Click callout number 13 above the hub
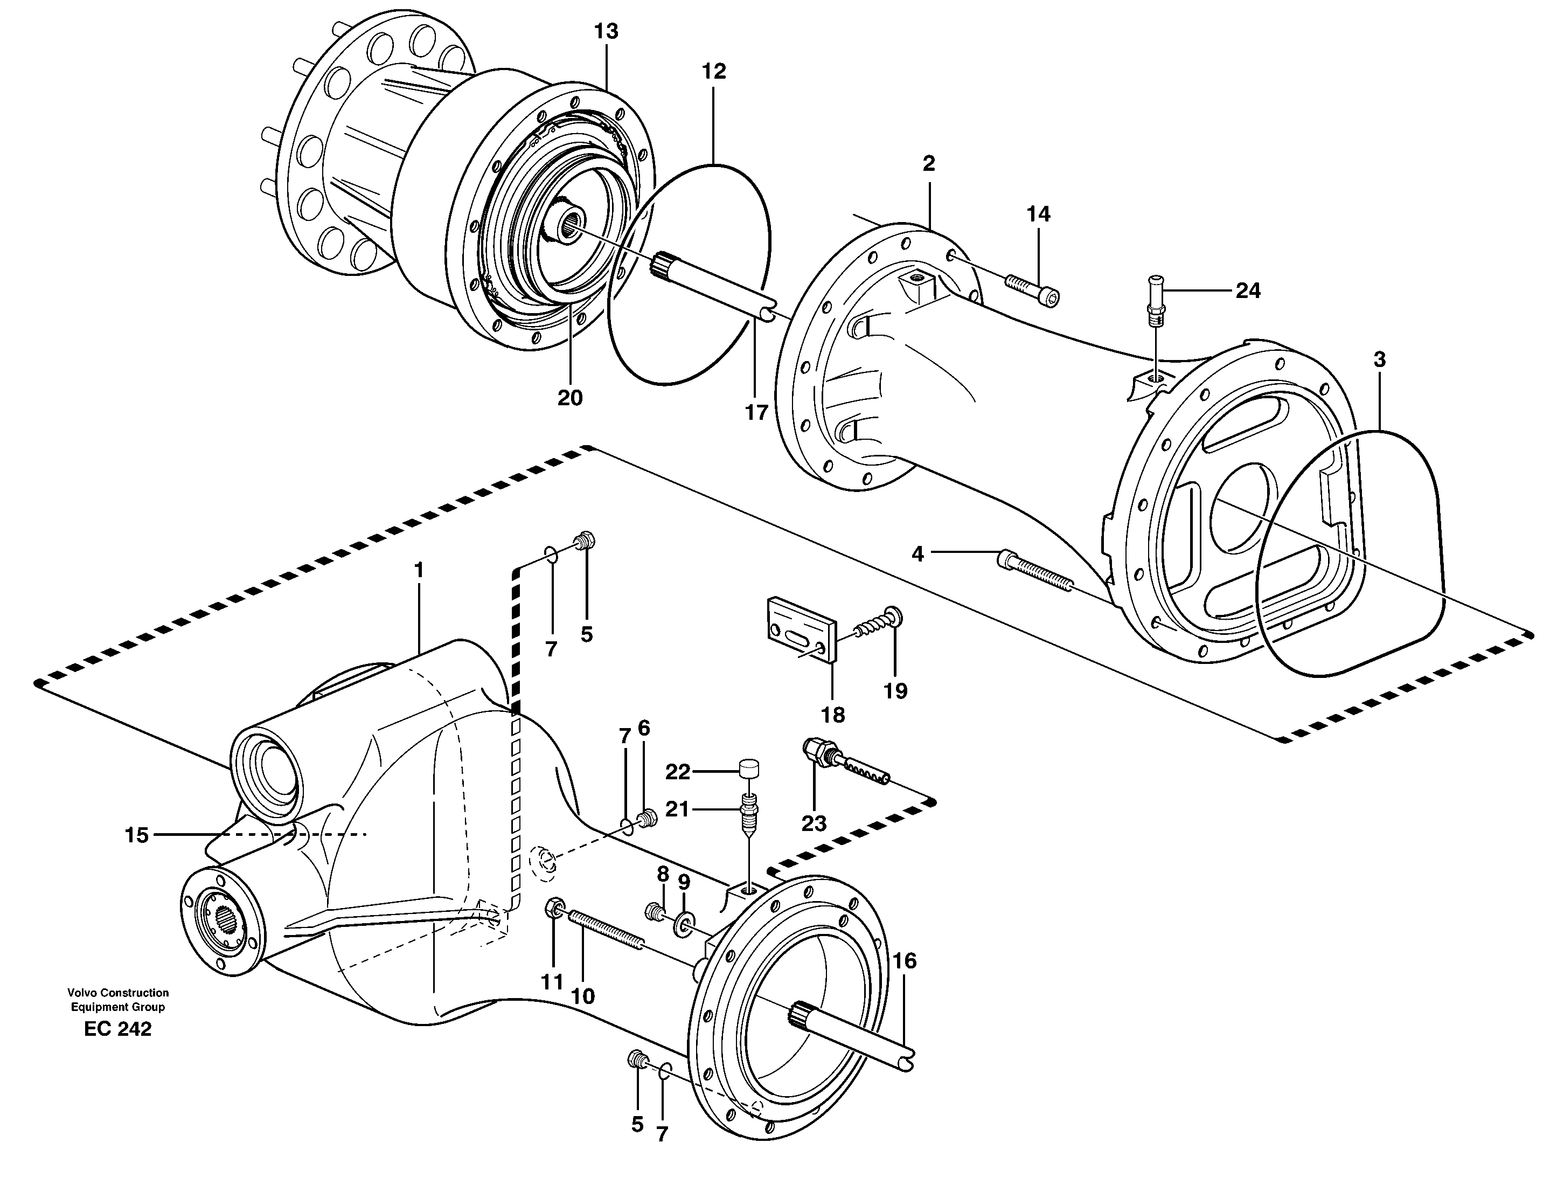point(606,31)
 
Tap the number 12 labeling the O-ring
point(714,71)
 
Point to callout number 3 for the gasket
point(1379,359)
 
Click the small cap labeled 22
point(749,767)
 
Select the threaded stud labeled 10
point(606,930)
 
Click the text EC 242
point(117,1029)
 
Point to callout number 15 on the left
point(137,835)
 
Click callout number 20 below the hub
point(570,398)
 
